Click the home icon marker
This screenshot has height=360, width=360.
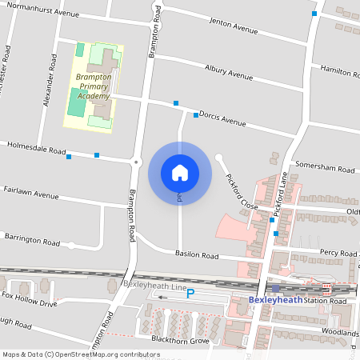point(179,172)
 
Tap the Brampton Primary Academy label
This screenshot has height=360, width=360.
point(93,86)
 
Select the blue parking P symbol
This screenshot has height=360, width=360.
point(190,294)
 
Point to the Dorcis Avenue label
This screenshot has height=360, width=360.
point(222,118)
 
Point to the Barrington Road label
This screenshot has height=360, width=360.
point(31,239)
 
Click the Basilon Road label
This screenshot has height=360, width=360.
point(197,255)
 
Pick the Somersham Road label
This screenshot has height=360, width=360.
point(323,166)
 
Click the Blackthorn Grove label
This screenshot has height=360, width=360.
point(182,341)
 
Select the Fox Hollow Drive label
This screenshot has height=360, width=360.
point(30,299)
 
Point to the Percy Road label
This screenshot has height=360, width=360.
point(337,253)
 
